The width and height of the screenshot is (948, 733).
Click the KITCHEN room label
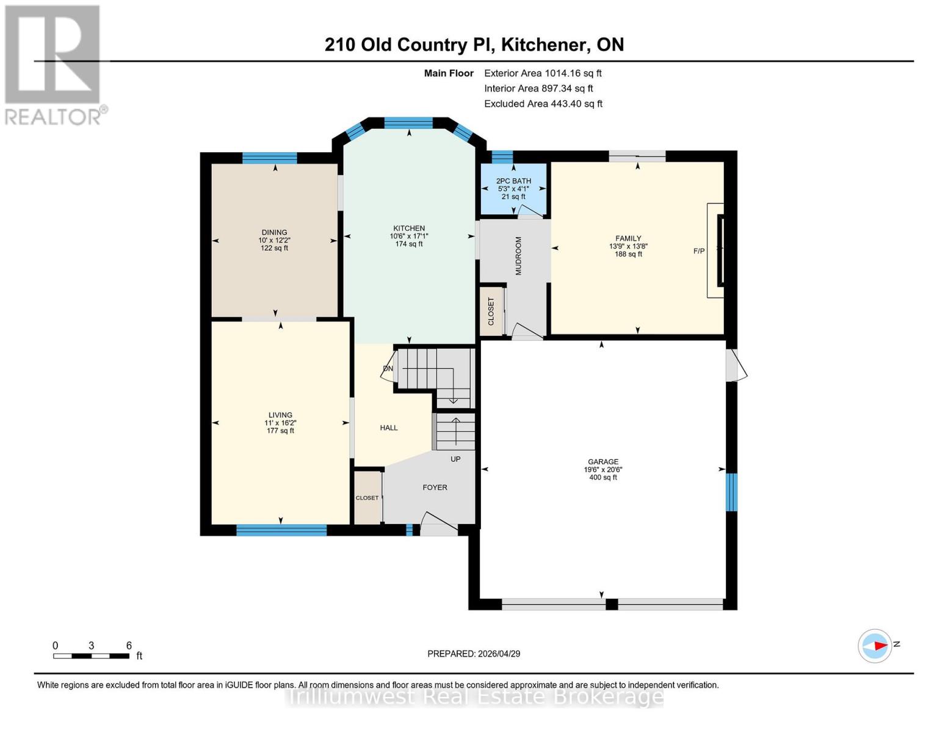tap(408, 228)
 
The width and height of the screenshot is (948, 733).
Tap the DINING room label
tap(274, 232)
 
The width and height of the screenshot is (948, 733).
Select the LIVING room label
tap(280, 415)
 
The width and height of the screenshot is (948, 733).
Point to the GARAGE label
tap(603, 462)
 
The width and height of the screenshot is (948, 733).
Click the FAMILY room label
tap(628, 239)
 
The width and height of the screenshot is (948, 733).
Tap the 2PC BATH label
tap(513, 181)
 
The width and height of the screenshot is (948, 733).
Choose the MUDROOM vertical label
tap(518, 256)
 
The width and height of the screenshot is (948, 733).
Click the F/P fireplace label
tap(699, 251)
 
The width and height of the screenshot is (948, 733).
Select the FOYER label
tap(435, 487)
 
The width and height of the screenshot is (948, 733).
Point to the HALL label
tap(389, 428)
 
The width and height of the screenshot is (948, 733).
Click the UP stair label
tap(455, 459)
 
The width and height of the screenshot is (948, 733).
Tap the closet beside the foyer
tap(367, 498)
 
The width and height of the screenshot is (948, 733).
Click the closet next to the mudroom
tap(491, 311)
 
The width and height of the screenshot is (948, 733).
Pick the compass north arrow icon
tap(875, 645)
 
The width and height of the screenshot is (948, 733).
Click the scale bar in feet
tap(91, 656)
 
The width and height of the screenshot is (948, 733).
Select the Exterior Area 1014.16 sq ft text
tap(543, 73)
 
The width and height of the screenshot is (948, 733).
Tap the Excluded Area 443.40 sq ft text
tap(543, 104)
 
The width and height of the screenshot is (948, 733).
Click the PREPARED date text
tap(474, 654)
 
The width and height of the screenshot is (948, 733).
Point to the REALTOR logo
tap(53, 64)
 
